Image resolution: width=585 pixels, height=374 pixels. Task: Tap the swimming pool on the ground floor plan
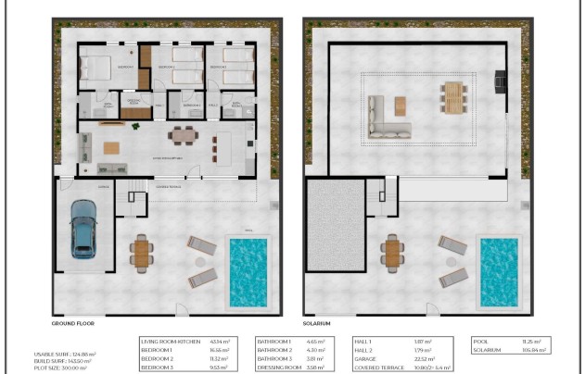[x=247, y=272]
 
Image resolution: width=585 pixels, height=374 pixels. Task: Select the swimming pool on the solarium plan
[x=498, y=273]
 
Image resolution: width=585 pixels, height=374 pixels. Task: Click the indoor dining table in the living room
[x=183, y=135]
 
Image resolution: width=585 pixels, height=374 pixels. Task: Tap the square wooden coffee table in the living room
[x=112, y=147]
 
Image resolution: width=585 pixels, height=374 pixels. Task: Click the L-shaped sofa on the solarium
[x=385, y=119]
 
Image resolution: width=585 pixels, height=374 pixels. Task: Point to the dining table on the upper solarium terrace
[x=452, y=96]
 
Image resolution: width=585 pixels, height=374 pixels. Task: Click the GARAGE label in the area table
[x=367, y=358]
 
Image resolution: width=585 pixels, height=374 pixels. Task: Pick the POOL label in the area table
[x=480, y=342]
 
